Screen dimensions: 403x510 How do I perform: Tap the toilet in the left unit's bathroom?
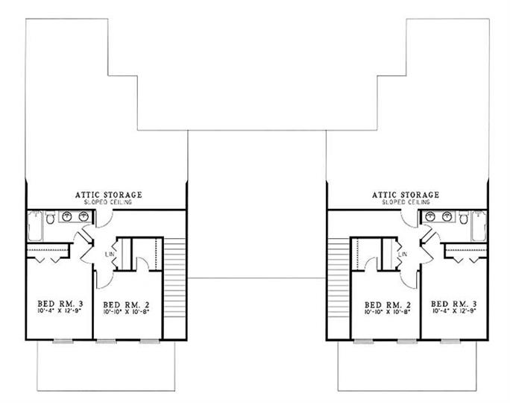click(x=49, y=219)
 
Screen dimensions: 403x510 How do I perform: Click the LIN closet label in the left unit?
click(x=110, y=255)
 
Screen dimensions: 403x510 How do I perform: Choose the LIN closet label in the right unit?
click(x=403, y=255)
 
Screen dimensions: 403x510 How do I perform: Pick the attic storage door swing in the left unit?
click(x=106, y=216)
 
